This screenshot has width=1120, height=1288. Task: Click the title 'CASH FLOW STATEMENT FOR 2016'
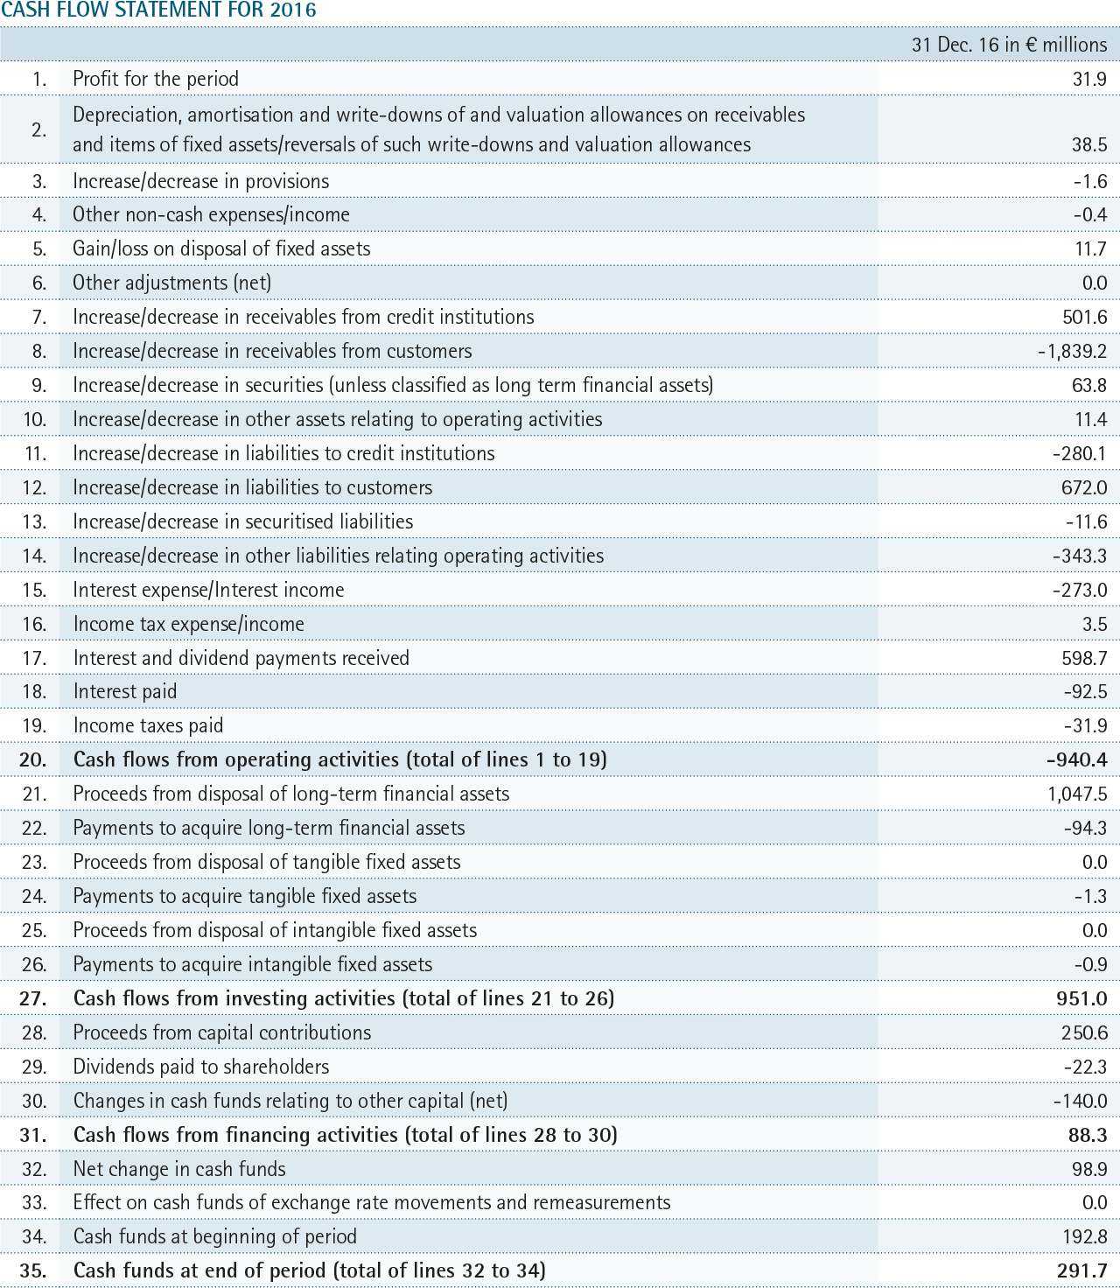tap(158, 10)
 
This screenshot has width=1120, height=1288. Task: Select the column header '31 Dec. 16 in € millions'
tap(1009, 45)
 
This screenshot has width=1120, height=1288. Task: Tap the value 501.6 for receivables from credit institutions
tap(1085, 317)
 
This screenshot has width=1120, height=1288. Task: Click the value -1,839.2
tap(1072, 351)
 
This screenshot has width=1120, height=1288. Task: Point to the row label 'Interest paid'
tap(124, 691)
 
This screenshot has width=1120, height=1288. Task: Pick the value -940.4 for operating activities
tap(1077, 759)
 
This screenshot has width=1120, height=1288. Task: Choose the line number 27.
tap(32, 998)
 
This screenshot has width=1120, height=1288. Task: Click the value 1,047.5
tap(1077, 794)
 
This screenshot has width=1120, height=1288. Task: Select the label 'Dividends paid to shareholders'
tap(201, 1067)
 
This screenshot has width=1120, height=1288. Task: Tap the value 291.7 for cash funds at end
tap(1082, 1270)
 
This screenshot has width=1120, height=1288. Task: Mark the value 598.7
tap(1085, 658)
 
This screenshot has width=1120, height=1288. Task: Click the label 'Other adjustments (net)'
tap(171, 283)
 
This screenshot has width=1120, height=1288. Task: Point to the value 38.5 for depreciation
tap(1089, 144)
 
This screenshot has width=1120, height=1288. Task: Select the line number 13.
tap(35, 521)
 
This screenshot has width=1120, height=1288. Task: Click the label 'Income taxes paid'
tap(148, 725)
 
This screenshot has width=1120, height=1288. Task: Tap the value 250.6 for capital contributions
tap(1083, 1032)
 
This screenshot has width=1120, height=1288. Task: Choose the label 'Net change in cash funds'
tap(179, 1169)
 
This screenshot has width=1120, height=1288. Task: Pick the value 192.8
tap(1083, 1236)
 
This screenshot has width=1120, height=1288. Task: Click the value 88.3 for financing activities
tap(1088, 1134)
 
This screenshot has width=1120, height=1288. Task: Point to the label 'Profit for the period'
tap(156, 79)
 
